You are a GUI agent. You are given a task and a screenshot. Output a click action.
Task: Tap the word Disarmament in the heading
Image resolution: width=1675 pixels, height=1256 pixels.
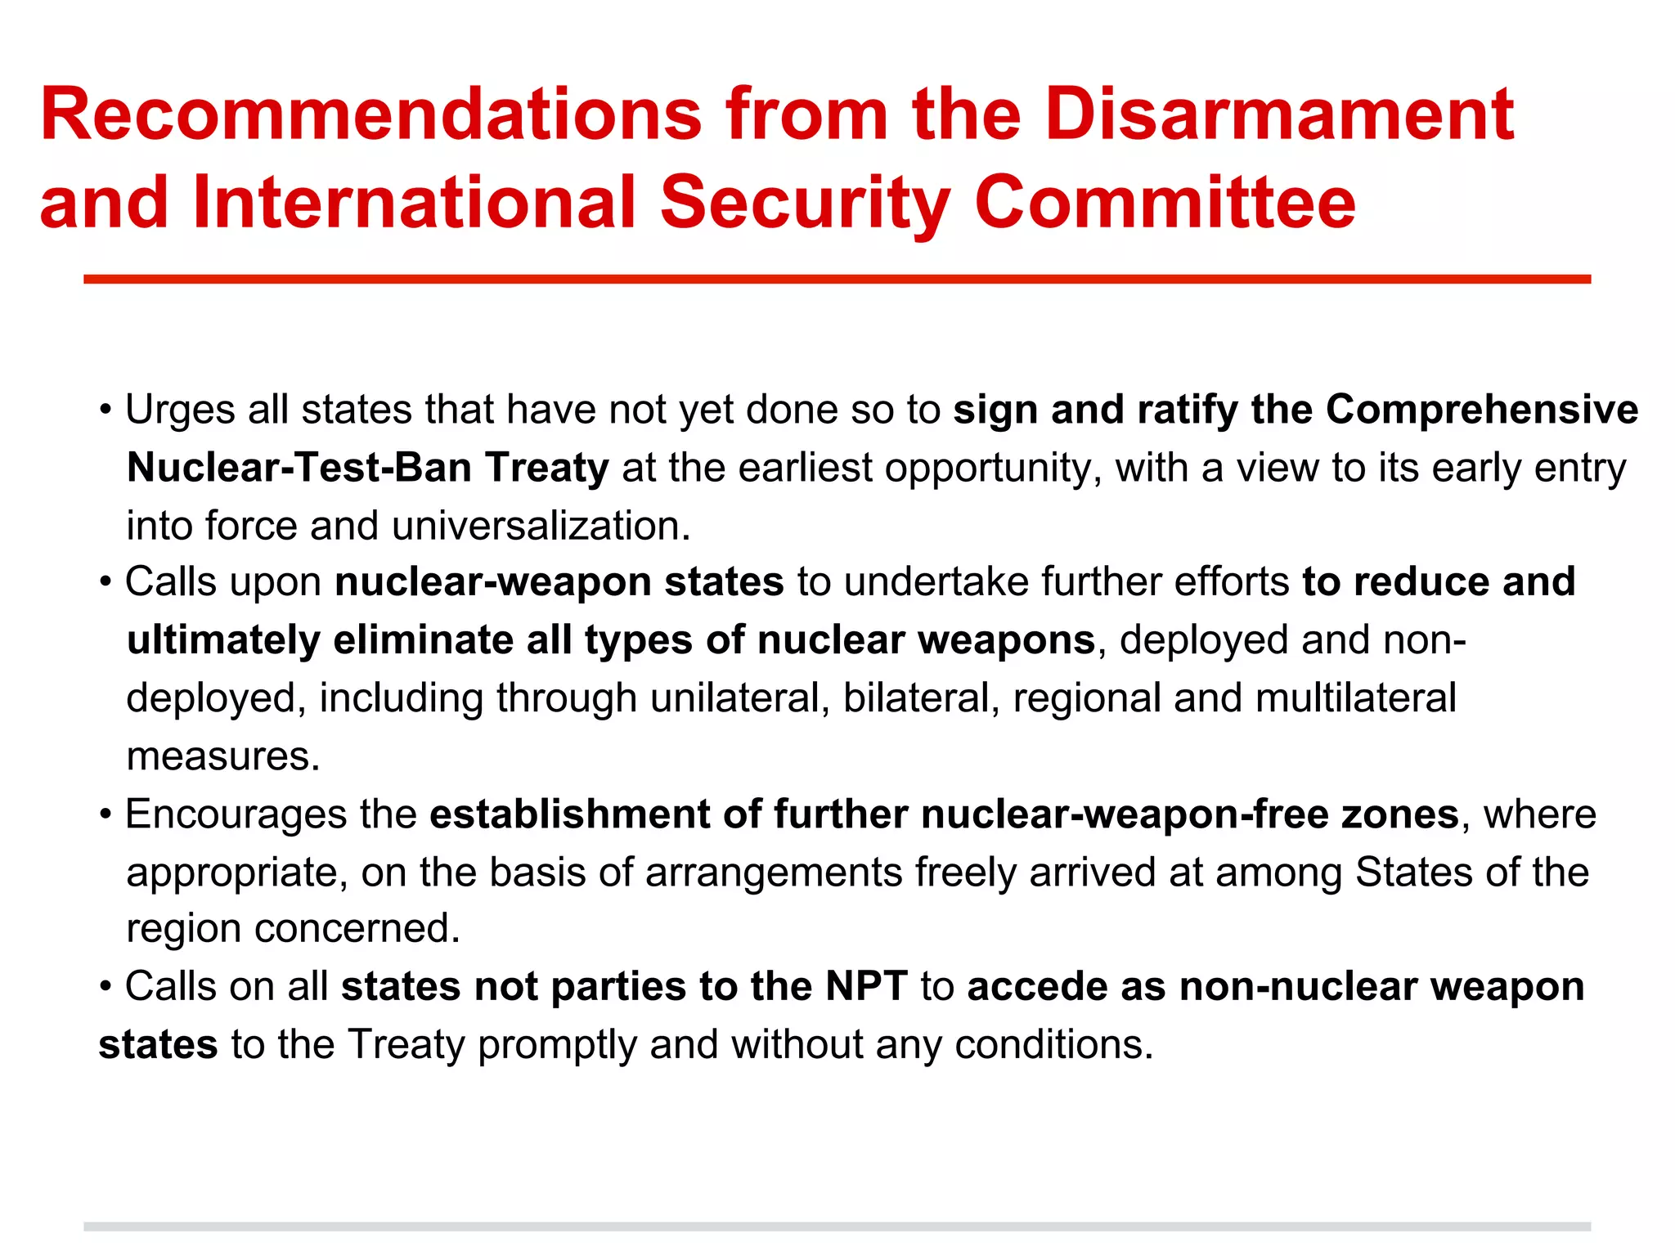coord(1279,114)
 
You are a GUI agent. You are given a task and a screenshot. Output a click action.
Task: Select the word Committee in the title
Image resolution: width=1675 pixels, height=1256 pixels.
coord(1165,203)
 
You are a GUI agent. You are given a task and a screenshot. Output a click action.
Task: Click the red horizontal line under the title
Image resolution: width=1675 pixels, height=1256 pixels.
coord(837,280)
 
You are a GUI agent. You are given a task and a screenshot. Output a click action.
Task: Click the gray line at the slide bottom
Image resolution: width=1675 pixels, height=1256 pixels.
coord(837,1227)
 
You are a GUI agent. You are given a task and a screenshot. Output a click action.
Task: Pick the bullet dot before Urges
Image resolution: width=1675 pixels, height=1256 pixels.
coord(106,410)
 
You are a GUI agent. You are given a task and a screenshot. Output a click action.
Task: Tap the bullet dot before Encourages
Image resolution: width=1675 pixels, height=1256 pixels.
coord(106,815)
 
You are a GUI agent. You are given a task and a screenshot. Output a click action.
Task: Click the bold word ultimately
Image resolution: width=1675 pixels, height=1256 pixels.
coord(222,640)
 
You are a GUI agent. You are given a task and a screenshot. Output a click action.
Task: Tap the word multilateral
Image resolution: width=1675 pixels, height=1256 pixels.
coord(1355,699)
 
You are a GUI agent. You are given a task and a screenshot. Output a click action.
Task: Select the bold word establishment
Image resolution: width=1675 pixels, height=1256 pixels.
coord(570,815)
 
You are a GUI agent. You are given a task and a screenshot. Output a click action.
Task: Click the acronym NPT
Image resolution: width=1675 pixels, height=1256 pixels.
coord(866,987)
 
